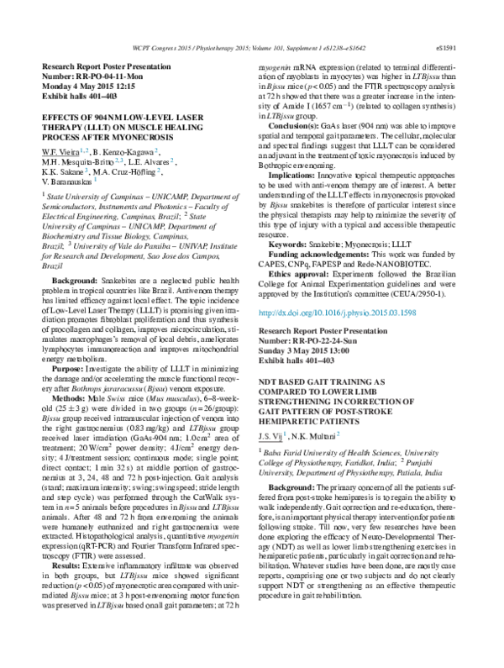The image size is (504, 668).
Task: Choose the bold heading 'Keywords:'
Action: click(x=288, y=240)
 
